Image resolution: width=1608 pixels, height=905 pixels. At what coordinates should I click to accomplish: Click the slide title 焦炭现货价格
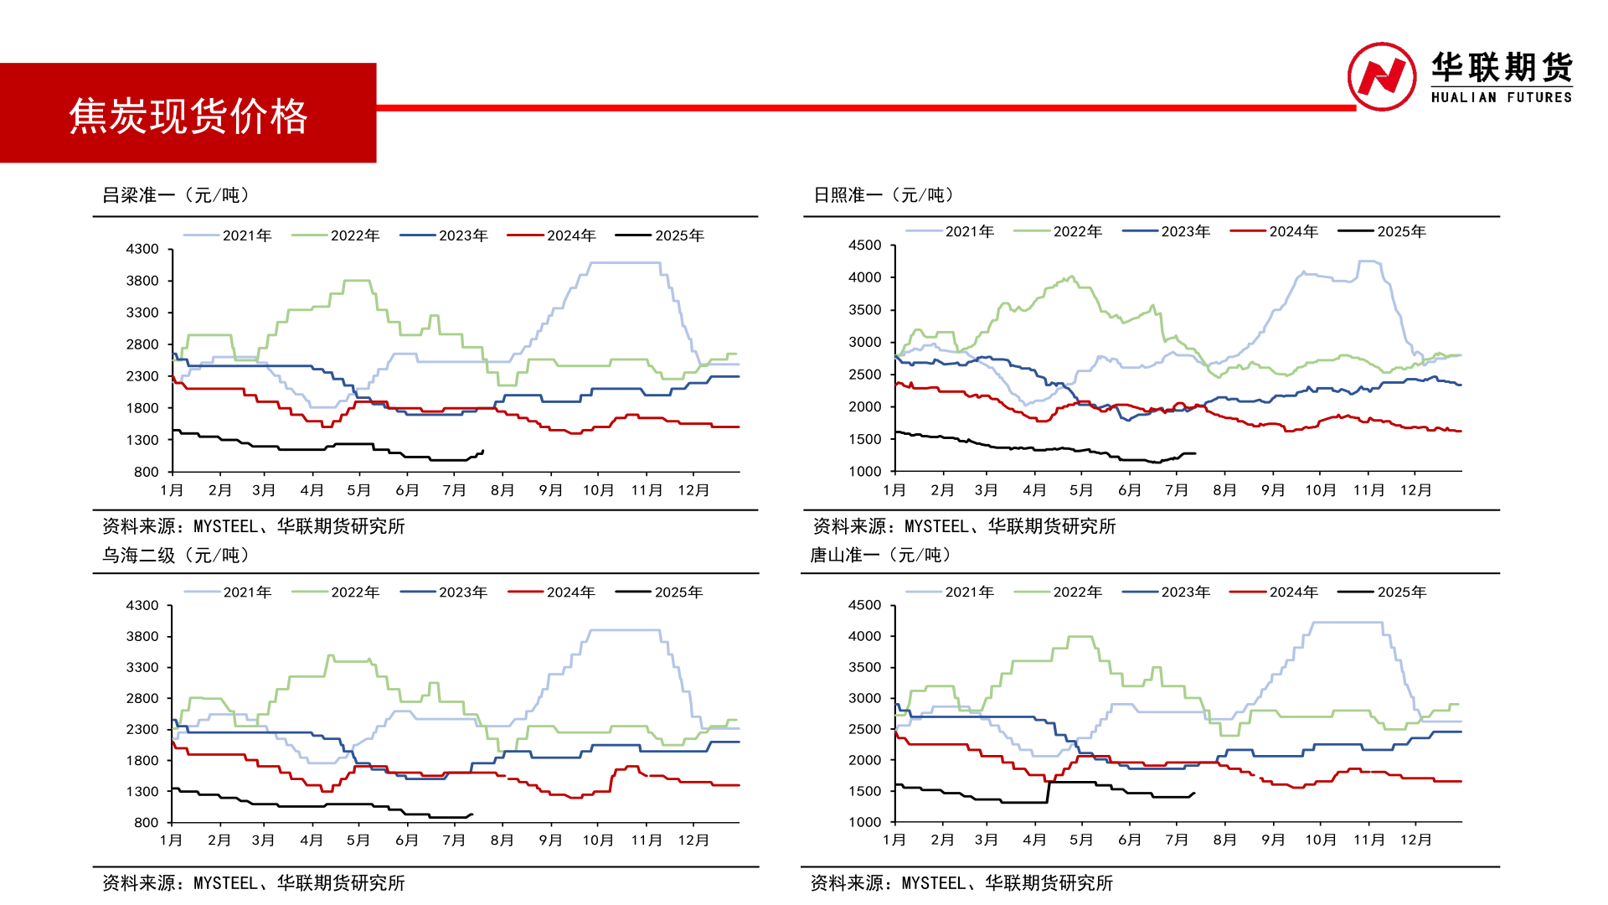click(188, 116)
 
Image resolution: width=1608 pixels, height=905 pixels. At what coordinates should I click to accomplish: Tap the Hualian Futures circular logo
click(1381, 76)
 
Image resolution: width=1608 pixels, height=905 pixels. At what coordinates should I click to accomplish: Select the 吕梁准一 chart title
click(176, 195)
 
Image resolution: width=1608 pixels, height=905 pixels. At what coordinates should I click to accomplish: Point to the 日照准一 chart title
click(884, 195)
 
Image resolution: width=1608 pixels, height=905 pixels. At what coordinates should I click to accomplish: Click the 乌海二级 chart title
click(176, 555)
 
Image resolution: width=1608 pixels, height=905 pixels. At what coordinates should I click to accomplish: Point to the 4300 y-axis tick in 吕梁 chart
click(142, 249)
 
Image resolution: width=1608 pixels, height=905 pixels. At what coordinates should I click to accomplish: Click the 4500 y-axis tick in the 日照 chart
click(864, 246)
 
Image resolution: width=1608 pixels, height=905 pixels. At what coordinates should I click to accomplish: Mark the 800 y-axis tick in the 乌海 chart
click(146, 823)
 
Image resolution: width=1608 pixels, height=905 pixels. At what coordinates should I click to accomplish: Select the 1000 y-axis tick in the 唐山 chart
click(864, 823)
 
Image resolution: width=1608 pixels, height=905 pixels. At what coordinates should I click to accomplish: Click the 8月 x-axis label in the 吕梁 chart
click(502, 490)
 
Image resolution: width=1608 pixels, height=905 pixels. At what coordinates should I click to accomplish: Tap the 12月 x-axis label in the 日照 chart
click(1416, 490)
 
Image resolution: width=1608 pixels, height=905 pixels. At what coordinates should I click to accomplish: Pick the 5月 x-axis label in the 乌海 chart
click(358, 840)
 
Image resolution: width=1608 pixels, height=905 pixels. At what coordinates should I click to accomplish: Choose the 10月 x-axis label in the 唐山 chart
click(1321, 840)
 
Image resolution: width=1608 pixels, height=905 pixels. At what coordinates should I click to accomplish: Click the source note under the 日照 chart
click(964, 526)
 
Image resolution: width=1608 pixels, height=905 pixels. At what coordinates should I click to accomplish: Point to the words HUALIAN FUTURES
click(1501, 97)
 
